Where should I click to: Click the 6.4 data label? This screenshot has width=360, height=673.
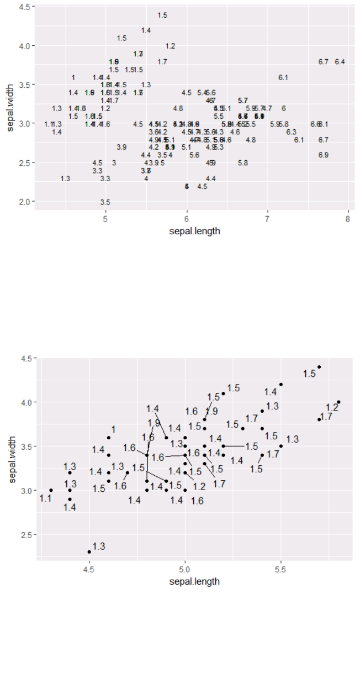[340, 61]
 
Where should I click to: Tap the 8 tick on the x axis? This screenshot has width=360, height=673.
[348, 219]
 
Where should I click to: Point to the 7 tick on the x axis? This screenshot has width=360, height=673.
[267, 219]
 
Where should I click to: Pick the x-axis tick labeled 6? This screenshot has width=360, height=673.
[187, 219]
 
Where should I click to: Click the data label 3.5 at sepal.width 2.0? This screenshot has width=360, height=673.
[105, 203]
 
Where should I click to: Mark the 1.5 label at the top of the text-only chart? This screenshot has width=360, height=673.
[162, 15]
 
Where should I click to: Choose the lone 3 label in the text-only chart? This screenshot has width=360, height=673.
[114, 163]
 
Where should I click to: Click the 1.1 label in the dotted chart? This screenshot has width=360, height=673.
[45, 498]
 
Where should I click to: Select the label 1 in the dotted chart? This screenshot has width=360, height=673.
[113, 429]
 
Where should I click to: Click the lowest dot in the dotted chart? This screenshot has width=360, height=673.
[89, 551]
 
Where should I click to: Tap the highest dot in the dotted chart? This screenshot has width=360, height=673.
[319, 367]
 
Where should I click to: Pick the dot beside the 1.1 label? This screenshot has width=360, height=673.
[51, 490]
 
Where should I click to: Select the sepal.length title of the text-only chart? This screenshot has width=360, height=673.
[194, 231]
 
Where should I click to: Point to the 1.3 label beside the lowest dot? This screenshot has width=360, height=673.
[99, 546]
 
